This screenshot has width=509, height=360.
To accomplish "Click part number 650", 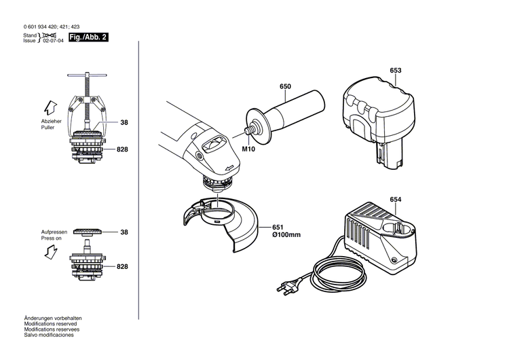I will click(285, 87).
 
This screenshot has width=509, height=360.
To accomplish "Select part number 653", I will click(396, 70).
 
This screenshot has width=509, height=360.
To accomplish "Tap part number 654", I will click(396, 200).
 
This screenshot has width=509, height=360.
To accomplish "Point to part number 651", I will click(278, 228).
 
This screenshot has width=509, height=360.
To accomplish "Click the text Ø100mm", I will click(286, 234).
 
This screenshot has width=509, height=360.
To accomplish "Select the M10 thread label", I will click(248, 149).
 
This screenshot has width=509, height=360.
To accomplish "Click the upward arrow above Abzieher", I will click(50, 107).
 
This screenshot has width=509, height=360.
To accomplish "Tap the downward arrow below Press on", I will click(50, 252).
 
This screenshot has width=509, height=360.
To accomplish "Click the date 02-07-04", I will click(53, 41).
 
